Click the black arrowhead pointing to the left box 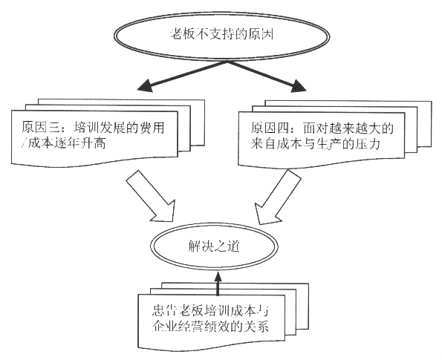[x=145, y=85]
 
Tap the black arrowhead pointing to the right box [x=298, y=86]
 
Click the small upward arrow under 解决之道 [x=218, y=284]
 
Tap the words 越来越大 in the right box [x=342, y=128]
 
